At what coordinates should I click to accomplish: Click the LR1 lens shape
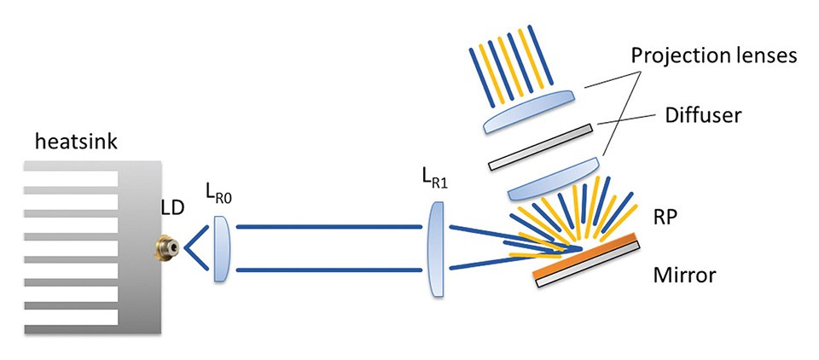coord(435,248)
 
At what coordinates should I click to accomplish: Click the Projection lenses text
coord(713,58)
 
